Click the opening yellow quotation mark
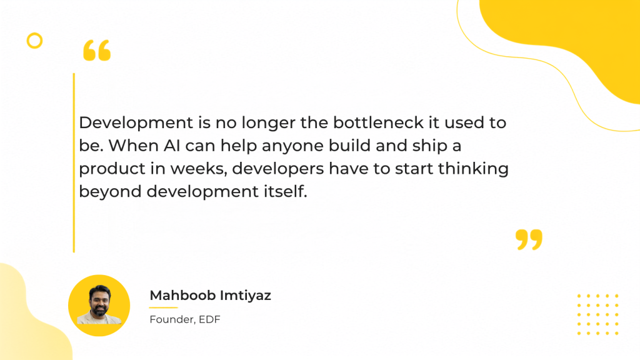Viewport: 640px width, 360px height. tap(97, 50)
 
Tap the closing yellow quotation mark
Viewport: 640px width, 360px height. tap(529, 239)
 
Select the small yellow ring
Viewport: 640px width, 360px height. tap(35, 41)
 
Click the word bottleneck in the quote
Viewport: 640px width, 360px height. tap(378, 122)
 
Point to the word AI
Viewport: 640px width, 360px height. tap(172, 146)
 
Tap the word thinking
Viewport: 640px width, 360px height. tap(474, 169)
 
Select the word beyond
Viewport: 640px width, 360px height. tap(110, 192)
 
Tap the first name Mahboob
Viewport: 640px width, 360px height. tap(182, 295)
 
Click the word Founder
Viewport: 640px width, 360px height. tap(171, 319)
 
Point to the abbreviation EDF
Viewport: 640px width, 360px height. tap(209, 319)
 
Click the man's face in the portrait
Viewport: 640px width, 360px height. tap(99, 301)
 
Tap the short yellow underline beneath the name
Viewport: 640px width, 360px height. tap(164, 307)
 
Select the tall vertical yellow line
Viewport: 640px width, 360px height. tap(74, 163)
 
